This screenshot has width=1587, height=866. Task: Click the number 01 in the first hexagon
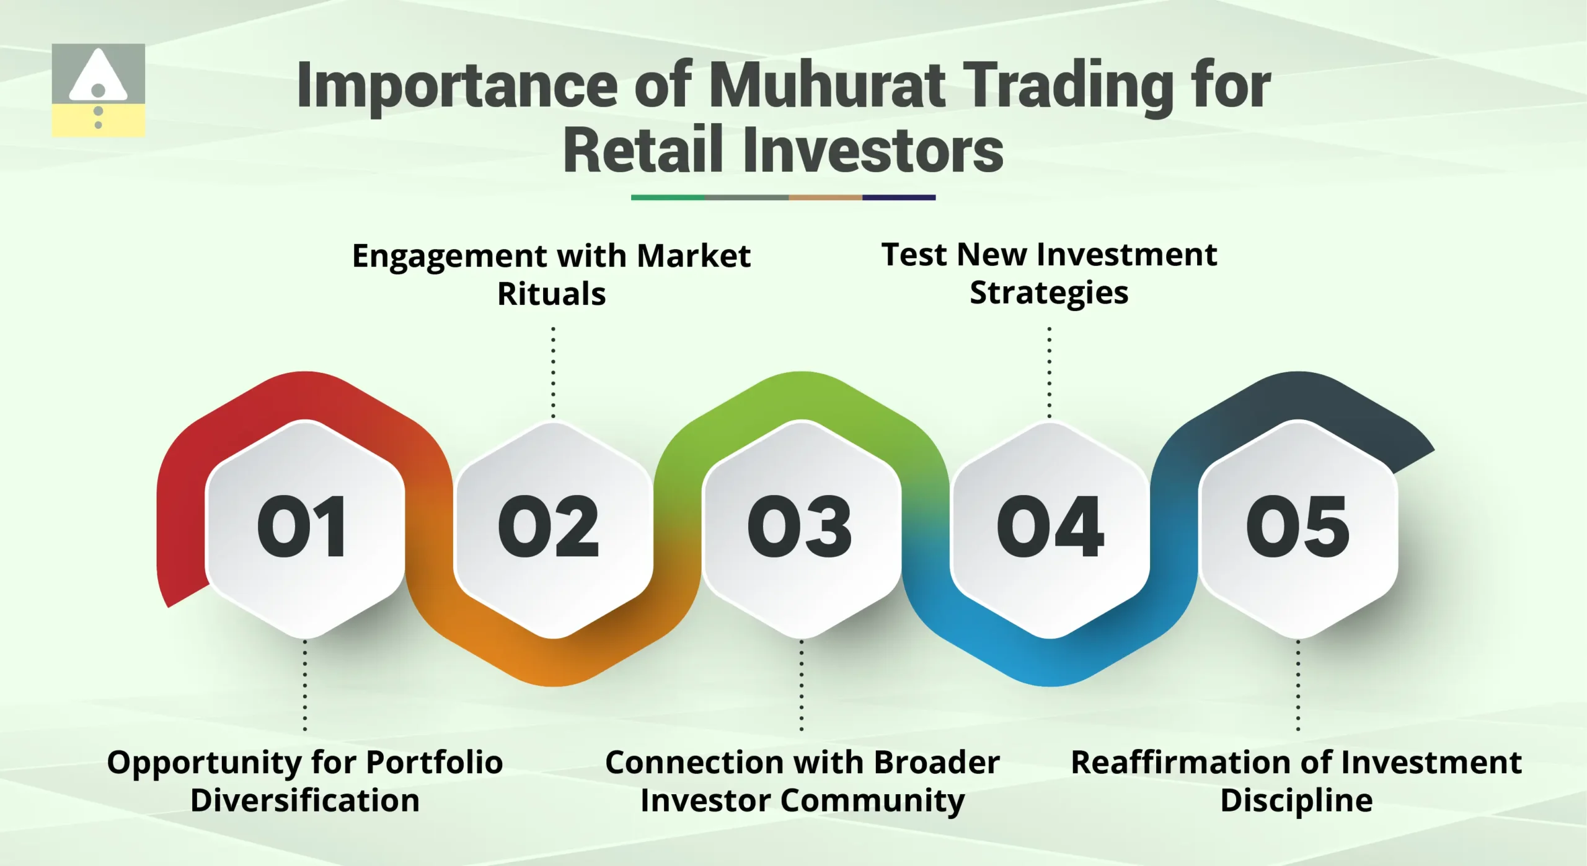pos(302,527)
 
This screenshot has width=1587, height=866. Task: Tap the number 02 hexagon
pos(549,527)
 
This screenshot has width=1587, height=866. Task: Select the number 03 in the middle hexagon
pos(800,527)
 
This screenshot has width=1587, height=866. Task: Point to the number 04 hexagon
pos(1050,527)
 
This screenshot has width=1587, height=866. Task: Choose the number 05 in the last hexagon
pos(1297,527)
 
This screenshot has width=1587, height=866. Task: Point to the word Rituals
pos(552,294)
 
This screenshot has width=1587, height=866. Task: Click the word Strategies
pos(1049,292)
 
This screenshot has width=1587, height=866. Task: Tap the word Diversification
pos(305,800)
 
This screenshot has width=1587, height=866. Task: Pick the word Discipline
pos(1296,800)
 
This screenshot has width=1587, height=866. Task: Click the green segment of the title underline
pos(668,198)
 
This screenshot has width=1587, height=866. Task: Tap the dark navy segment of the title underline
pos(898,198)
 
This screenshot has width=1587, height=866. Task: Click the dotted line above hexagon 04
pos(1049,372)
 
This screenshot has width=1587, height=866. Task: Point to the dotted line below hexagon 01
pos(304,685)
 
